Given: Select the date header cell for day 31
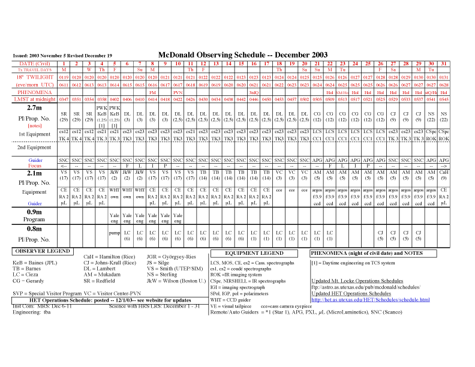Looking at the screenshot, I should click(443, 63).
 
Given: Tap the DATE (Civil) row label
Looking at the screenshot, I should click(35, 63).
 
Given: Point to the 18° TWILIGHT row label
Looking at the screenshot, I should click(35, 77).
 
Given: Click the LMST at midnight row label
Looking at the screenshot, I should click(35, 99).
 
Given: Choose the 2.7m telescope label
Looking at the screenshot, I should click(35, 107).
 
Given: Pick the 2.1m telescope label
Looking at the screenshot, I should click(35, 173).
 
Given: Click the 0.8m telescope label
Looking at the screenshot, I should click(35, 228).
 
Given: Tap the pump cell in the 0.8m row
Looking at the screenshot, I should click(115, 231).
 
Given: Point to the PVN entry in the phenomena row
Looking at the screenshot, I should click(178, 92).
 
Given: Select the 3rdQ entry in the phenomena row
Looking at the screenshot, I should click(254, 92).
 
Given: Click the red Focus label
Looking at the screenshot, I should click(35, 166).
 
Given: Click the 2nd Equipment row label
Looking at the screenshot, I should click(35, 147).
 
